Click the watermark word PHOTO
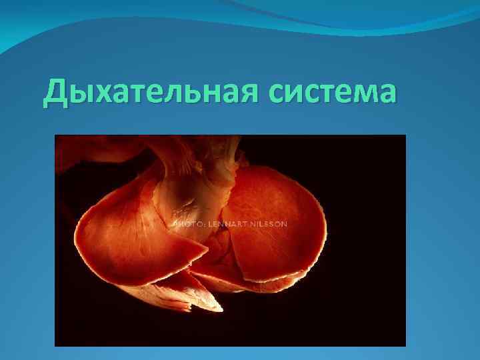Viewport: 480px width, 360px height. coord(188,224)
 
